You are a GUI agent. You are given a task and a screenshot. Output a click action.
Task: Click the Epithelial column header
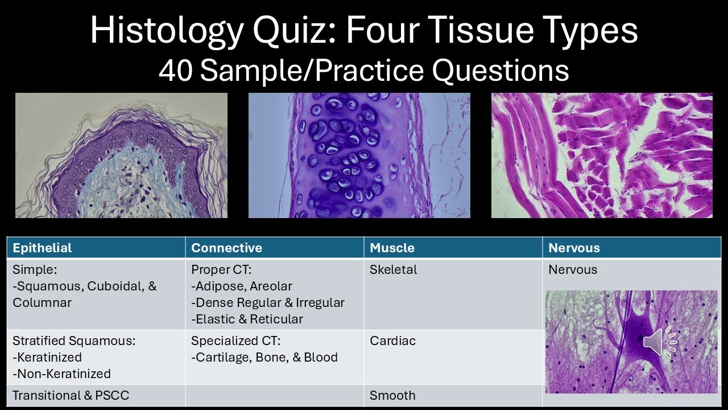(42, 248)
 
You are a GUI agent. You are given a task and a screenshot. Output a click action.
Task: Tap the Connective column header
(226, 248)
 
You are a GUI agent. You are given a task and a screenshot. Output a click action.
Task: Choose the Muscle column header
(392, 248)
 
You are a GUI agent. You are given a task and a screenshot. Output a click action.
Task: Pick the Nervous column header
(574, 248)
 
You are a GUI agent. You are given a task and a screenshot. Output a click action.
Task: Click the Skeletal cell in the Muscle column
(393, 269)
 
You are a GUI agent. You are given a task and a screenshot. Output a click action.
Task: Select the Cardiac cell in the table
(392, 341)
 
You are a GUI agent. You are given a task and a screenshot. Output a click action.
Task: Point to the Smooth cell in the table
(392, 395)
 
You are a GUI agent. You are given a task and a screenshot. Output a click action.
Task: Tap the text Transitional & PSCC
(71, 395)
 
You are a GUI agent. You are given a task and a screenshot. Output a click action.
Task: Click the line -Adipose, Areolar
(242, 286)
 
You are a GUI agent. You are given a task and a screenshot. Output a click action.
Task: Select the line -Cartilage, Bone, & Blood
(264, 357)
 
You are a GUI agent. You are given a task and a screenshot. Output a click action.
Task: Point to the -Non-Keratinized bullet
(61, 374)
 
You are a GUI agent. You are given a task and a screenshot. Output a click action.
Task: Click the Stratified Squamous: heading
(74, 341)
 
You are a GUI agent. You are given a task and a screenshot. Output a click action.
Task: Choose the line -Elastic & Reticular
(247, 319)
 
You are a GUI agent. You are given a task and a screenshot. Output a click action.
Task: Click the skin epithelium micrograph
(121, 155)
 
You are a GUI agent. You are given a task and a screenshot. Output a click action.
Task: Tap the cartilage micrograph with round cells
(359, 155)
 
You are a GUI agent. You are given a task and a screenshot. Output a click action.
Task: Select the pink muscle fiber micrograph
(602, 155)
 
